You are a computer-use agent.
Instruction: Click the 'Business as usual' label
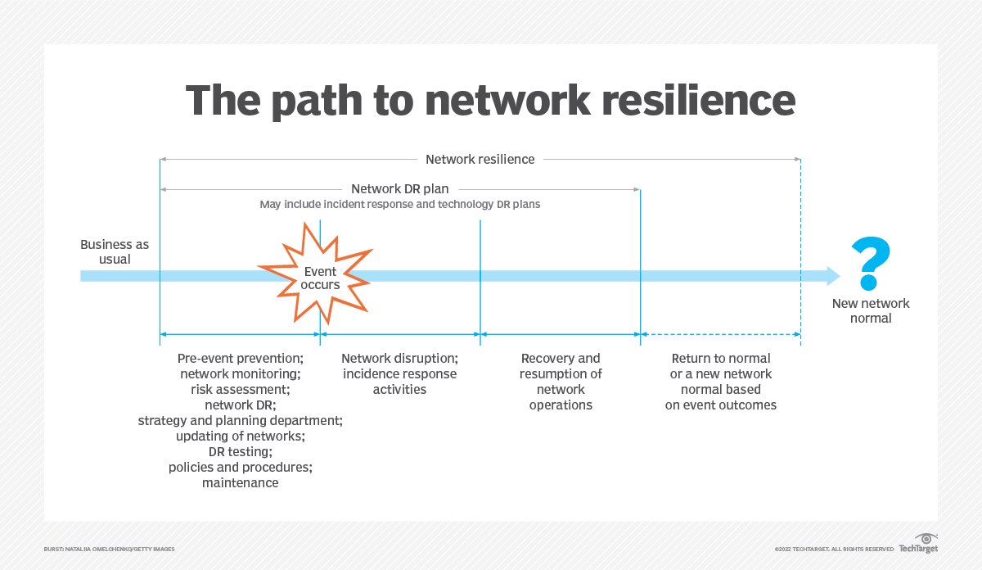pyautogui.click(x=115, y=251)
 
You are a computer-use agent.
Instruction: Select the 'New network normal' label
pyautogui.click(x=870, y=310)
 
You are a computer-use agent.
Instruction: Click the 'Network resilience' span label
pyautogui.click(x=480, y=159)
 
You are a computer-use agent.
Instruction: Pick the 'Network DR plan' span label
pyautogui.click(x=400, y=189)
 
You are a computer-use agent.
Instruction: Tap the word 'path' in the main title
pyautogui.click(x=324, y=100)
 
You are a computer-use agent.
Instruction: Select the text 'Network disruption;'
pyautogui.click(x=399, y=359)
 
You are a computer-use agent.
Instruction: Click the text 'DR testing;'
pyautogui.click(x=240, y=451)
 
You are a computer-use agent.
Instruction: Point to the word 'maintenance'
pyautogui.click(x=240, y=482)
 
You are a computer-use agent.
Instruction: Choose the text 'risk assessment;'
pyautogui.click(x=240, y=389)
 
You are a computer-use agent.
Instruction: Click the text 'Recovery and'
pyautogui.click(x=561, y=359)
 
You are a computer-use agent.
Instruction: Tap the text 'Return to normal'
pyautogui.click(x=721, y=359)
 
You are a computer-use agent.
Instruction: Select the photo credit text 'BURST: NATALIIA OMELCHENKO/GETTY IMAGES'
pyautogui.click(x=109, y=549)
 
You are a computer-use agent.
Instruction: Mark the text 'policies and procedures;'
pyautogui.click(x=240, y=467)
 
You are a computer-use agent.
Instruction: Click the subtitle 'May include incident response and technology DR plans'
pyautogui.click(x=400, y=204)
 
